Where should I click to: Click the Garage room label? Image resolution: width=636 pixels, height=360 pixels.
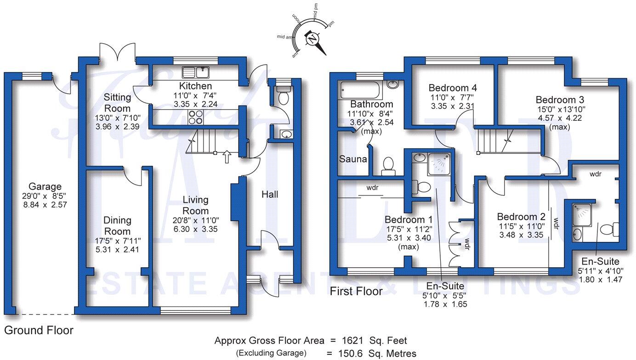click(45, 186)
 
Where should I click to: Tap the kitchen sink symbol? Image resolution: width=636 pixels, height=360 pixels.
click(195, 72)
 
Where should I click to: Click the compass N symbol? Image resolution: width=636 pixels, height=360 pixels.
click(313, 39)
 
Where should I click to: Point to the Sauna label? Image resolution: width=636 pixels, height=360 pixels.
click(353, 159)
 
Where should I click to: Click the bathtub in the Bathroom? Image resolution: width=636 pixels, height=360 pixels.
click(361, 90)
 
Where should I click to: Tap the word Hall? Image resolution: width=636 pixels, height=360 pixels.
click(270, 195)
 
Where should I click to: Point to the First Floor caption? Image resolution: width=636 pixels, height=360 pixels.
click(356, 291)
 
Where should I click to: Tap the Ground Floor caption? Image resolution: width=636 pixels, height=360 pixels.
click(39, 330)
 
